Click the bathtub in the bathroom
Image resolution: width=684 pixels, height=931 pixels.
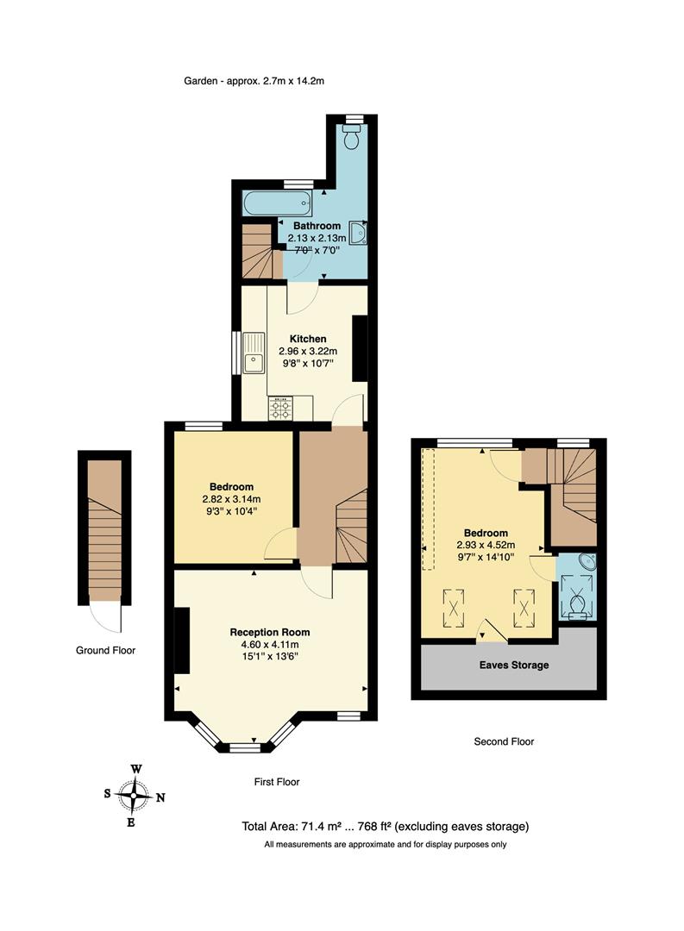276,204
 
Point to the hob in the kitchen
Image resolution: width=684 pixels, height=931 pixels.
280,408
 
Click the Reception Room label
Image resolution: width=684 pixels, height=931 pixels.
270,632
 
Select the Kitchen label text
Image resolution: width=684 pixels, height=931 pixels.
307,339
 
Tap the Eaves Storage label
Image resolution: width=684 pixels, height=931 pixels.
513,665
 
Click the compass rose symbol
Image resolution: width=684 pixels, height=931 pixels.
134,796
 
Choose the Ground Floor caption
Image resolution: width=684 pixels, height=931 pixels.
104,651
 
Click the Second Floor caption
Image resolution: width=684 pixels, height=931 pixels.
504,741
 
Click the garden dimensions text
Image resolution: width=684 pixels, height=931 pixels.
253,81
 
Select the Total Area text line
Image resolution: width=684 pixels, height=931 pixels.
385,827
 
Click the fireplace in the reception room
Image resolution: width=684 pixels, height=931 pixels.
181,640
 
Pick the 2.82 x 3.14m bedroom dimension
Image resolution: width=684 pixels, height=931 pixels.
231,498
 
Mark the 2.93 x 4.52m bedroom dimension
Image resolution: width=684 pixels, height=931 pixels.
486,545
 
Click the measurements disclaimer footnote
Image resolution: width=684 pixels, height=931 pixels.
385,845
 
